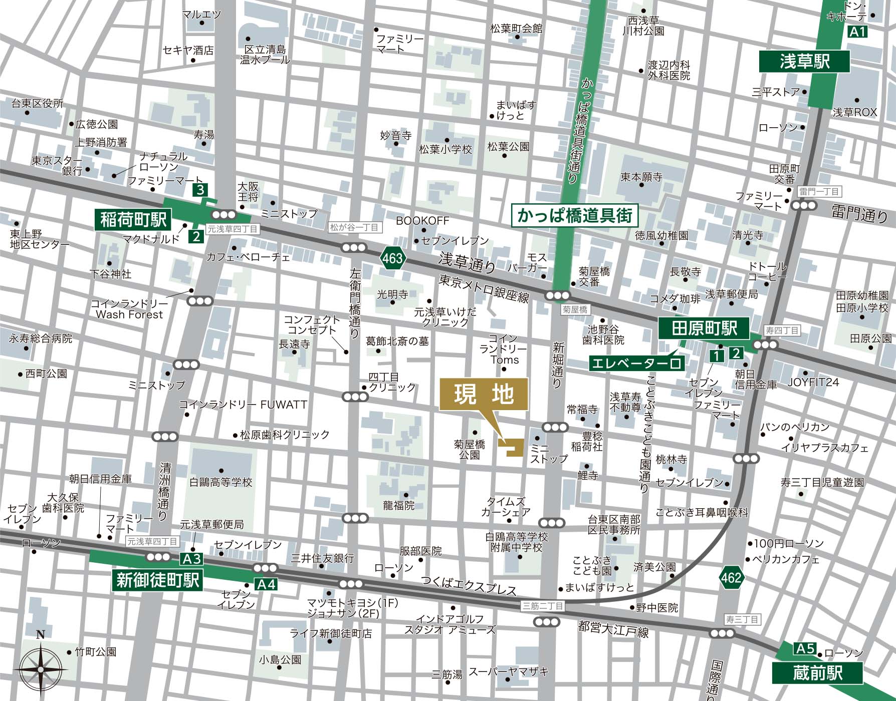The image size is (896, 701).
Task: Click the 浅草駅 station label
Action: [804, 62]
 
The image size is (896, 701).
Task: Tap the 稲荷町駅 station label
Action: [133, 219]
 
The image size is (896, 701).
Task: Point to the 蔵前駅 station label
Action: [817, 673]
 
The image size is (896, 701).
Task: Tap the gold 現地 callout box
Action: [484, 395]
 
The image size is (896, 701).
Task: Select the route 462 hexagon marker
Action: [731, 578]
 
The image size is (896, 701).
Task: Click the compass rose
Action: [41, 668]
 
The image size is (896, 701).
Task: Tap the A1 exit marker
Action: [857, 33]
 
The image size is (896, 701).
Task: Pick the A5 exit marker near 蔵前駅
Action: [805, 649]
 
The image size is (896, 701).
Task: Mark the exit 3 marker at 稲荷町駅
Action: [200, 190]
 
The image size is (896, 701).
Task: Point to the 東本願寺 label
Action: [641, 177]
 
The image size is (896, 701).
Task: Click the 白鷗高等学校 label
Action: [220, 482]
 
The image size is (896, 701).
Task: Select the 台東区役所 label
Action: [38, 104]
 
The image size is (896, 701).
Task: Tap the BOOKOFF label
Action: [422, 221]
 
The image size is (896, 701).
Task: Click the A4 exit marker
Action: [266, 584]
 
